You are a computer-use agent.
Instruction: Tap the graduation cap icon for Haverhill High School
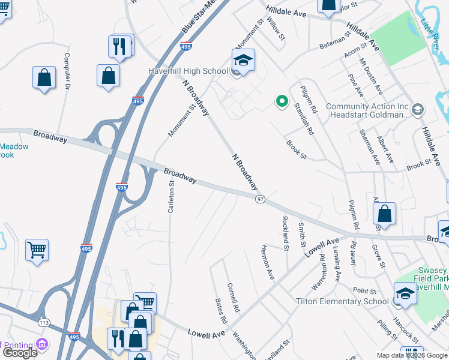pos(243,61)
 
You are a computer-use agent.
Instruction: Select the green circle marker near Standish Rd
pos(281,101)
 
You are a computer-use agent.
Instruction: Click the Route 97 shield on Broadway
pos(261,199)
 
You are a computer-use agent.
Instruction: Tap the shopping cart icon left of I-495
pos(37,250)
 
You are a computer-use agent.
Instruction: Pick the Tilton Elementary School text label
pos(342,301)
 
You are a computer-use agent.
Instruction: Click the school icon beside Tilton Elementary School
pos(405,293)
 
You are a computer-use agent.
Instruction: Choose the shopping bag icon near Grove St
pos(384,214)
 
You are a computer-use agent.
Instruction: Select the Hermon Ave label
pos(267,262)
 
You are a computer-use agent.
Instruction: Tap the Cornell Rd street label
pos(234,297)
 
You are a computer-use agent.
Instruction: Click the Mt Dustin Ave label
pos(371,76)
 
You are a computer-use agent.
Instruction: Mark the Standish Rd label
pos(304,118)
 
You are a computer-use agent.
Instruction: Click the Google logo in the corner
pos(20,353)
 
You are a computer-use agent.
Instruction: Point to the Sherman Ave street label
pos(369,147)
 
